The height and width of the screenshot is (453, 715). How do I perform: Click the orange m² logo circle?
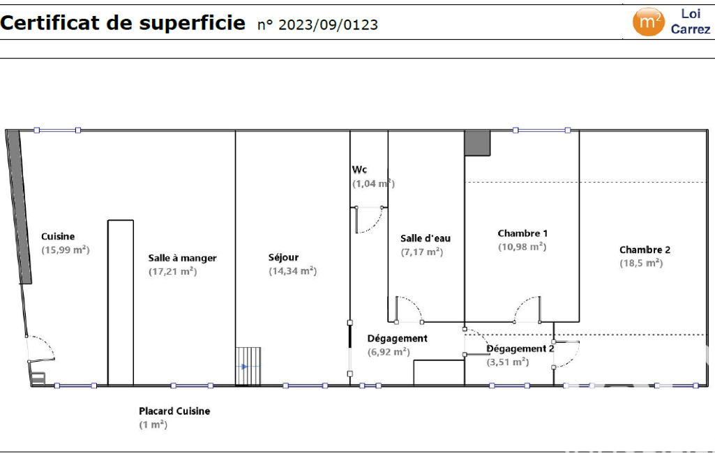tap(648, 22)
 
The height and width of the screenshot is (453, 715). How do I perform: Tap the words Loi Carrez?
tap(691, 22)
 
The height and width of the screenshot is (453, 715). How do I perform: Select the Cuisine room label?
tap(58, 236)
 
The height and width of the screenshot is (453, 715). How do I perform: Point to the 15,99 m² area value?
tap(66, 249)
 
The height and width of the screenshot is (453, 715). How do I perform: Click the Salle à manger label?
tap(182, 258)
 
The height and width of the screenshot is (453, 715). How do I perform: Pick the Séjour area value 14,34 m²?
tap(293, 271)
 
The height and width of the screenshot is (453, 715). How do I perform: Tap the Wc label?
tap(359, 169)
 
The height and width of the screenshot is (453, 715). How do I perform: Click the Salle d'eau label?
tap(426, 238)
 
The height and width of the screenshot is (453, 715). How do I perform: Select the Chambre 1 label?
tap(522, 233)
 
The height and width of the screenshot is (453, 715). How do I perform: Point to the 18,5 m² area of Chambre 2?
tap(641, 263)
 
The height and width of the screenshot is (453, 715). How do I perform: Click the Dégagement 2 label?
tap(520, 348)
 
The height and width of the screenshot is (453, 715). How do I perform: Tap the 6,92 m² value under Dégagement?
tap(389, 352)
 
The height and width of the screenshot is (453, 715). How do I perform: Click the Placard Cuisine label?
tap(174, 411)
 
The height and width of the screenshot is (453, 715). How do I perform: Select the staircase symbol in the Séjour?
tap(248, 367)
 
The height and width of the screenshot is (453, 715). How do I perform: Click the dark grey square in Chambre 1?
tap(477, 143)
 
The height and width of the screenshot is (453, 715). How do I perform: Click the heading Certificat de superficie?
tap(123, 22)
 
